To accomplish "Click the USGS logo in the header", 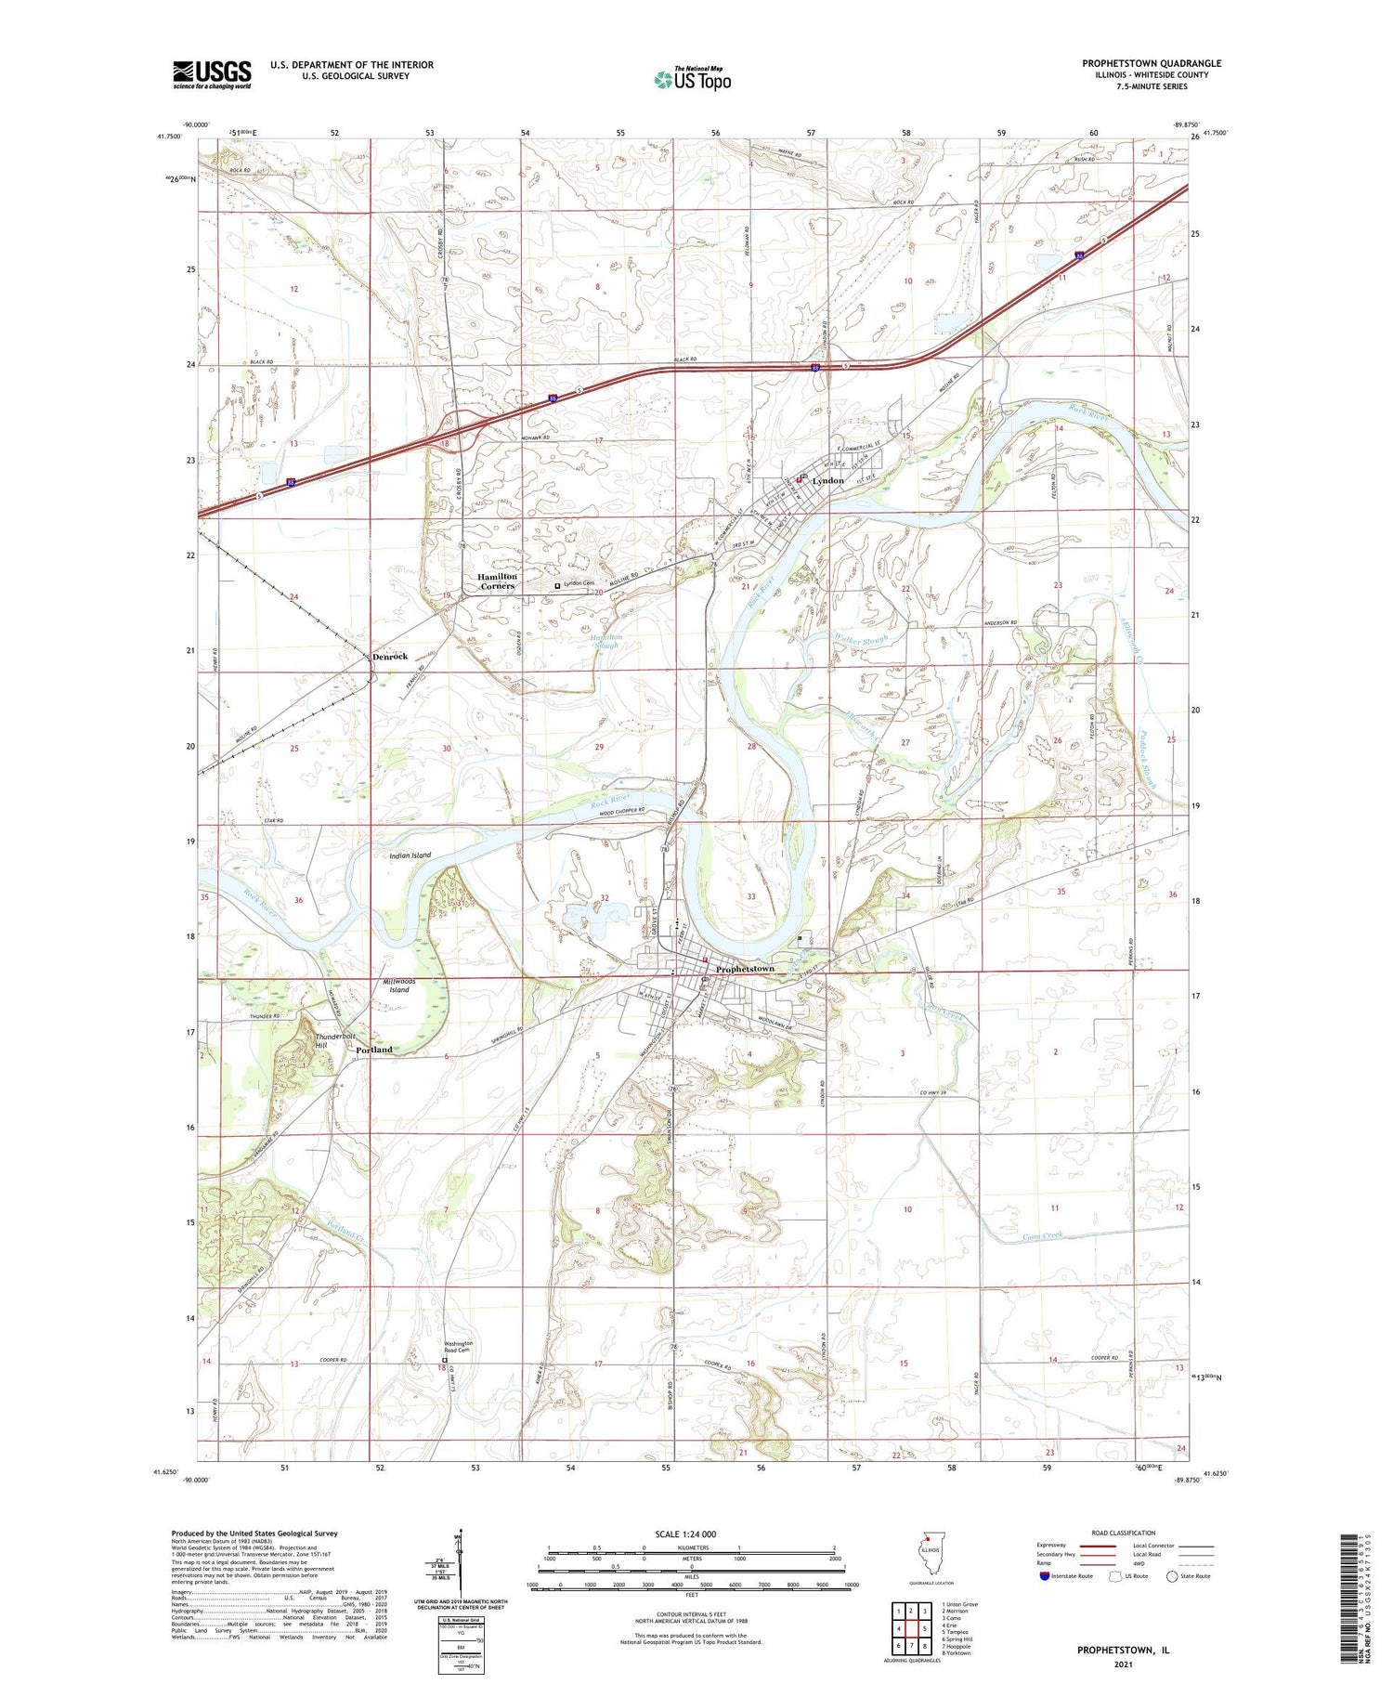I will click(x=212, y=74).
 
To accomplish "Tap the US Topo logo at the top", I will click(x=693, y=79).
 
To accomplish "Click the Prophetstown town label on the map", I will click(x=745, y=969).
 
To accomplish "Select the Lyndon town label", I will click(x=827, y=480).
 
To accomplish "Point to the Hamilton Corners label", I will click(x=496, y=581).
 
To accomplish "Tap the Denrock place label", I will click(x=389, y=657).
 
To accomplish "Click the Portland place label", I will click(x=374, y=1050).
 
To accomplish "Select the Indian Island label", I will click(x=409, y=855).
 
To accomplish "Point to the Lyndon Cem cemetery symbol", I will click(x=557, y=586).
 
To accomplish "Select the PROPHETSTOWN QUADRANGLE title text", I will click(x=1152, y=63).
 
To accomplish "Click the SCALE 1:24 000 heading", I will click(x=685, y=1534).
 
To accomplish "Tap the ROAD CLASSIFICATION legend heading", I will click(x=1124, y=1533).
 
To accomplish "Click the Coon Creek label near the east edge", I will click(x=1041, y=1236).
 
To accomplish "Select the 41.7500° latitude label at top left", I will click(x=169, y=137).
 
